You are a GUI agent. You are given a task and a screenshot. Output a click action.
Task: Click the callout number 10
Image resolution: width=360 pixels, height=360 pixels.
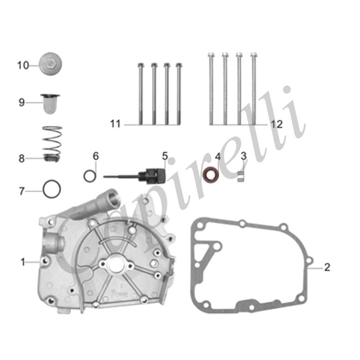click(x=23, y=65)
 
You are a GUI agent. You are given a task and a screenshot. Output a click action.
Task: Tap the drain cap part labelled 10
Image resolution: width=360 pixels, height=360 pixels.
click(x=50, y=64)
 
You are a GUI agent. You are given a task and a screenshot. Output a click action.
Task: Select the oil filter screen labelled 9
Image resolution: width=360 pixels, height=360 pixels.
click(x=50, y=104)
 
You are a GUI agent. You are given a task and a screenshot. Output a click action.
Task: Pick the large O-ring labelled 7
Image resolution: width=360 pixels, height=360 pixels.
click(x=51, y=189)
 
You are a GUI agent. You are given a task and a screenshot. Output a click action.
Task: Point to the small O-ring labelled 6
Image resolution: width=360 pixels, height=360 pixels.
click(x=90, y=176)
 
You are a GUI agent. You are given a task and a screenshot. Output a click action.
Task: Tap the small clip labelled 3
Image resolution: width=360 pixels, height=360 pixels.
click(x=241, y=176)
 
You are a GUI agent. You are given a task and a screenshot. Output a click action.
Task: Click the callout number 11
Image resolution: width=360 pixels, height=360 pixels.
click(x=115, y=124)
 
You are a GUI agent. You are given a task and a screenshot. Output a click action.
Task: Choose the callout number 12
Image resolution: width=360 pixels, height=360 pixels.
click(x=277, y=124)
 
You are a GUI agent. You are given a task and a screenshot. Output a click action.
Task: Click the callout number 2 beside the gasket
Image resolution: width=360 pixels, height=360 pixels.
click(x=327, y=267)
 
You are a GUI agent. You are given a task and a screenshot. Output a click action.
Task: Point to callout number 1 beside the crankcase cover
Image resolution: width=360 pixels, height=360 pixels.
click(x=22, y=262)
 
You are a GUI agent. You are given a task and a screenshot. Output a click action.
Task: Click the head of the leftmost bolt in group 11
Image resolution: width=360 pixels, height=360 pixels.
click(x=141, y=65)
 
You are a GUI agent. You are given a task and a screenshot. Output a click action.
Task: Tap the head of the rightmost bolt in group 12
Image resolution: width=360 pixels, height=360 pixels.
click(x=254, y=55)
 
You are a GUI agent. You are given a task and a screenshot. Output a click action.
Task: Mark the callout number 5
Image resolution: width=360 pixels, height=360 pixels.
click(x=165, y=156)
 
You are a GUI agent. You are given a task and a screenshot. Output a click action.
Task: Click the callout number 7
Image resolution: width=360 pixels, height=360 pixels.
click(x=22, y=191)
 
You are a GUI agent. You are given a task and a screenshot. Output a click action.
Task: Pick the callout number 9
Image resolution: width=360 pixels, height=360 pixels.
click(x=22, y=102)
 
